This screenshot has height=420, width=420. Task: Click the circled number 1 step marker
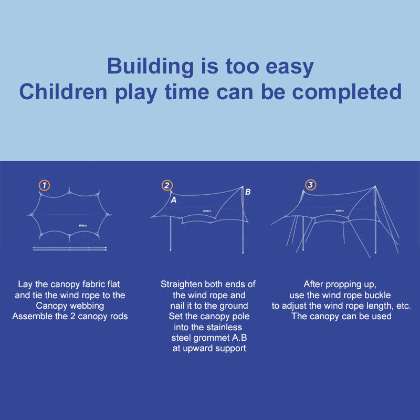[x=44, y=185]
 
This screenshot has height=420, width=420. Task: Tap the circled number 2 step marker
[x=167, y=185]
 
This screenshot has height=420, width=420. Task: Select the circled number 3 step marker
[x=310, y=185]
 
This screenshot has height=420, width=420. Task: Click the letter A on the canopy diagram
[x=174, y=200]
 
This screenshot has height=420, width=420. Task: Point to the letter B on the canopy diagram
[x=248, y=192]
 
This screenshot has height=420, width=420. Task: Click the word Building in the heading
[x=150, y=66]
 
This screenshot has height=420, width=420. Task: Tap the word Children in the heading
[x=63, y=92]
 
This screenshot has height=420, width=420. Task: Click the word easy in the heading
[x=290, y=68]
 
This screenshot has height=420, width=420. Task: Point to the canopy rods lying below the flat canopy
[x=70, y=249]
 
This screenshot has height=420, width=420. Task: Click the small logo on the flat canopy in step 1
[x=83, y=226]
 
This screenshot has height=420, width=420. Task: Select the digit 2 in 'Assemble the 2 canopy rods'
[x=72, y=317]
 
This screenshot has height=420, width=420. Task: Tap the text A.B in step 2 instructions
[x=239, y=338]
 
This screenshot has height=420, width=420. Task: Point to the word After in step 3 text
[x=313, y=284]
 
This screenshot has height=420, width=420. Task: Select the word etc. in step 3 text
[x=403, y=306]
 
